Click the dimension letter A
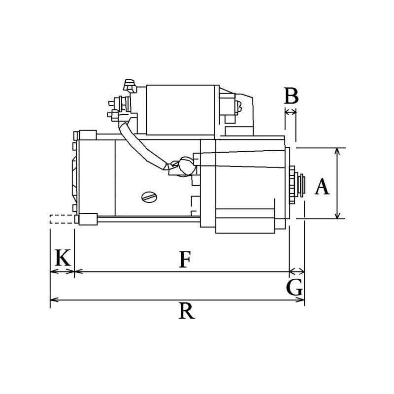tap(322, 187)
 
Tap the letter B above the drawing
tap(291, 97)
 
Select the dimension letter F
tap(184, 260)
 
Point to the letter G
tap(295, 288)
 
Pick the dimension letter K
tap(63, 258)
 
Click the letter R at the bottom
tap(186, 311)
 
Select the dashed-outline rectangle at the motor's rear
tap(62, 219)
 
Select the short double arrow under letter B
tap(291, 112)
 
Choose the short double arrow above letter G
tap(296, 271)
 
